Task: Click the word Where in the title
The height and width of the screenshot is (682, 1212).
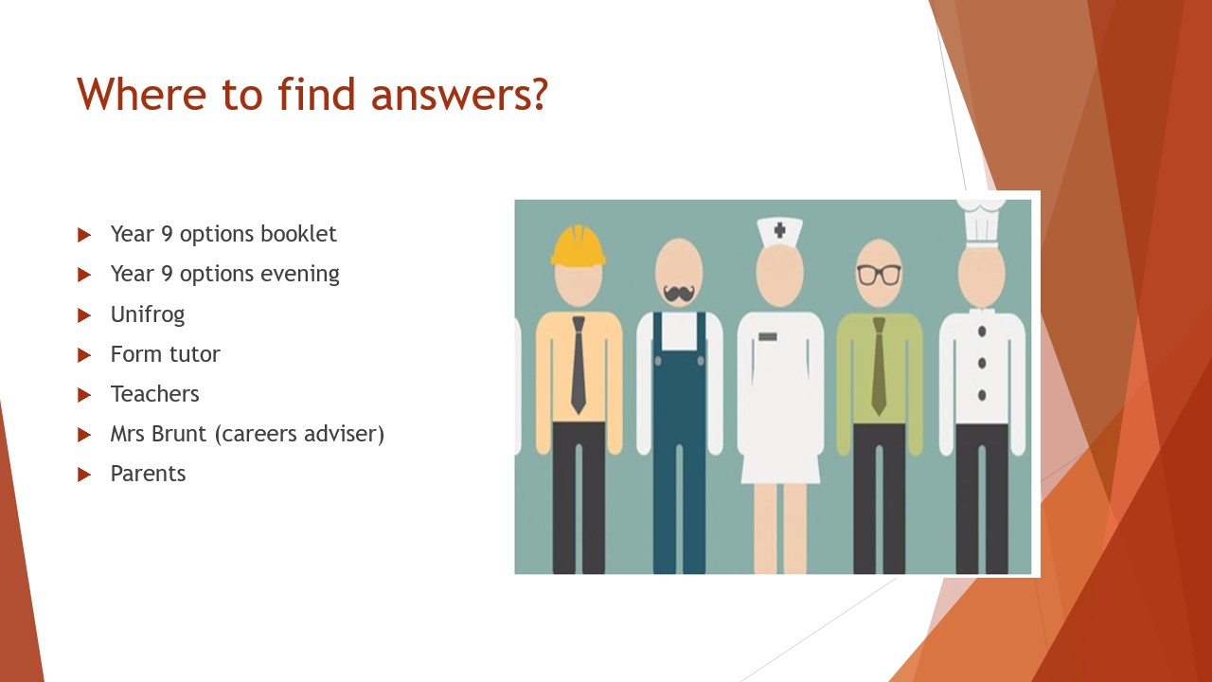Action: (142, 94)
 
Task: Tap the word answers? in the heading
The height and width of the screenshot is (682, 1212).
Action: (459, 96)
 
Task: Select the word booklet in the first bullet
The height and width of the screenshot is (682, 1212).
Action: (298, 234)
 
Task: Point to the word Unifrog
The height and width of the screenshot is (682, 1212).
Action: (148, 314)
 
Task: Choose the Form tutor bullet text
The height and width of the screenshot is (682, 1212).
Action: (166, 354)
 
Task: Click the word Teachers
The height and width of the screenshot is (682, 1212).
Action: (154, 394)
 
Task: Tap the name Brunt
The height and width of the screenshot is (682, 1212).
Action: (179, 434)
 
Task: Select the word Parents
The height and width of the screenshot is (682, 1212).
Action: (149, 474)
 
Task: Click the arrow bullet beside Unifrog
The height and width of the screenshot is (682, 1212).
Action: (84, 315)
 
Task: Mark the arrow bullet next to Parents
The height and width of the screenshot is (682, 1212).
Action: (84, 475)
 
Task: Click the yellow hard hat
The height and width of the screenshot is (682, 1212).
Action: (578, 245)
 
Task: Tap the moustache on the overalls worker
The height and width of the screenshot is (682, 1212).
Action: (679, 294)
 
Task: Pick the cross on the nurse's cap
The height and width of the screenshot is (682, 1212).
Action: (779, 230)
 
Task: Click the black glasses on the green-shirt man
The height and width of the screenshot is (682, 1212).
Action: (879, 275)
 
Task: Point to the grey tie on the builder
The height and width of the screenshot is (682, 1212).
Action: (579, 366)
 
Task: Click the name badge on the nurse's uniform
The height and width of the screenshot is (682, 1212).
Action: (768, 336)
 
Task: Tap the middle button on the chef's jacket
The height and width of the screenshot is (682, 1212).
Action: (982, 363)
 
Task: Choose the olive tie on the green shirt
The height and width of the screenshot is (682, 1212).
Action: (879, 367)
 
